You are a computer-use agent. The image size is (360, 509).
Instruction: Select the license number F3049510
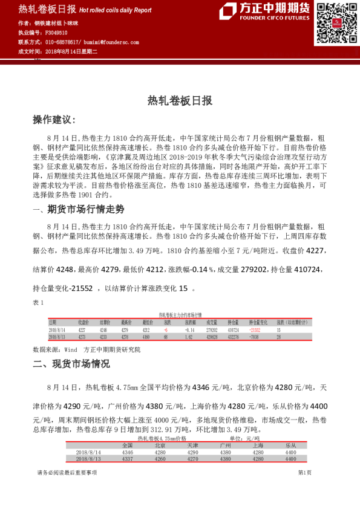tap(57, 33)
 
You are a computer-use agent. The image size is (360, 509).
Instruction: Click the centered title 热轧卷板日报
tap(180, 101)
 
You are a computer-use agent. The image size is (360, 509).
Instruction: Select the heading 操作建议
tap(54, 121)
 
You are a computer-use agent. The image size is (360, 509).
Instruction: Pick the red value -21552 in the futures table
tap(257, 330)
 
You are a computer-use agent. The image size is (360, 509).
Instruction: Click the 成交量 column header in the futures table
tap(212, 323)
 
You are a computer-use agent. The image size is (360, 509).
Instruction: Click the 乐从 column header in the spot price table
tap(291, 445)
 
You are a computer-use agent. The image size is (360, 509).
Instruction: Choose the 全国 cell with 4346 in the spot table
tap(127, 452)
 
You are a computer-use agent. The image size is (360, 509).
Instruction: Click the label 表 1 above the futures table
tap(38, 302)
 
